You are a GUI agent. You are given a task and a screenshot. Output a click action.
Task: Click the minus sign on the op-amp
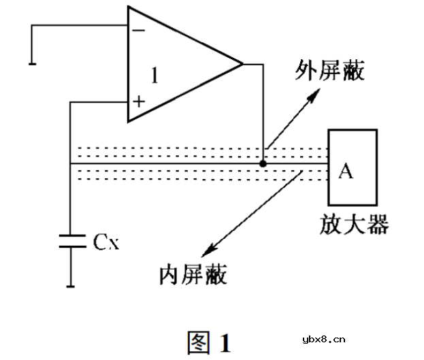[x=139, y=30]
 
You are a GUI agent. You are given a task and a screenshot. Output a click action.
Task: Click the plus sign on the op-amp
[x=139, y=102]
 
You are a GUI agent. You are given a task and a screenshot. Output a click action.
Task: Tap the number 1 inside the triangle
[x=154, y=76]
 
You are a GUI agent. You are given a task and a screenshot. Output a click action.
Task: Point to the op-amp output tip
[x=242, y=65]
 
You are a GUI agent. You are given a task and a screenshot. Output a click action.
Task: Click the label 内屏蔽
[x=193, y=274]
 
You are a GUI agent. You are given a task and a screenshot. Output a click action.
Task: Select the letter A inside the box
[x=346, y=171]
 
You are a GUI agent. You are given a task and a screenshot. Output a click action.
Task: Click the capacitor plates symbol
[x=71, y=242]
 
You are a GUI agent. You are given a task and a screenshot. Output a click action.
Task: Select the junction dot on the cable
[x=263, y=163]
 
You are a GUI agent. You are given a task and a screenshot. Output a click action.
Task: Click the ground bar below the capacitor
[x=71, y=287]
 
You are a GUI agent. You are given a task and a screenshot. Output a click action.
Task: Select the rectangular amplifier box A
[x=351, y=167]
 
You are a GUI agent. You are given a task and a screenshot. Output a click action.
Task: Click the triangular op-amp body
[x=177, y=65]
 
